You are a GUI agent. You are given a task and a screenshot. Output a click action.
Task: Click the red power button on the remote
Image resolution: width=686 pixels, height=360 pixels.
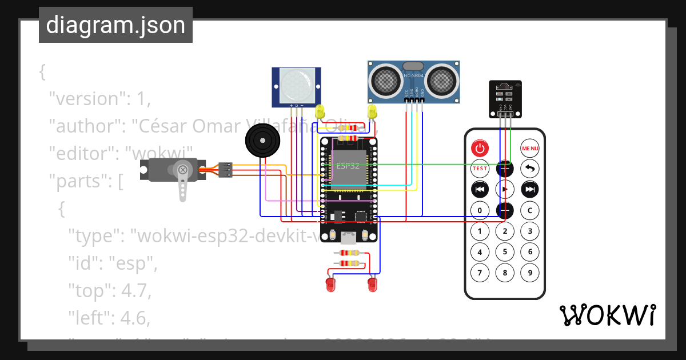click(x=480, y=149)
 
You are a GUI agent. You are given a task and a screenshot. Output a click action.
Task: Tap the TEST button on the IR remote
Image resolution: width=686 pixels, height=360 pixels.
click(x=480, y=169)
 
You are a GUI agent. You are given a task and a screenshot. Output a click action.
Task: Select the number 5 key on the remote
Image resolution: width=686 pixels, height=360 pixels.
click(x=505, y=251)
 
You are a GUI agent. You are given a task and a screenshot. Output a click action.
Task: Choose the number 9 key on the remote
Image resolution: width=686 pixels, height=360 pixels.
click(x=530, y=272)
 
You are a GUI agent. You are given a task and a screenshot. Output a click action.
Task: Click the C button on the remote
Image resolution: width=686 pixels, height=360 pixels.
click(x=530, y=210)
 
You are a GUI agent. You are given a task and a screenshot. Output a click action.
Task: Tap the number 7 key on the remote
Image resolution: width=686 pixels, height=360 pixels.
click(x=480, y=272)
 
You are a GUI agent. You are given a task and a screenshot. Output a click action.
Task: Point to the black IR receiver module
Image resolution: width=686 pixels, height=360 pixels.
click(x=505, y=97)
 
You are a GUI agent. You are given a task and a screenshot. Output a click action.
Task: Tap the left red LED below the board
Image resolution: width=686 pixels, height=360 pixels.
click(x=330, y=284)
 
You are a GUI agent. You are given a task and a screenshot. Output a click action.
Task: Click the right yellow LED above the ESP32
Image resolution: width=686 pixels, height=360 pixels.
click(x=372, y=111)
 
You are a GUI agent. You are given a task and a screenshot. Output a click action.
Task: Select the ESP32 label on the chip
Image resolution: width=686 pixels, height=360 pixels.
click(x=348, y=166)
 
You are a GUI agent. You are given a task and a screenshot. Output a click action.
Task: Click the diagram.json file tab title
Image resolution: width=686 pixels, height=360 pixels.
click(x=115, y=25)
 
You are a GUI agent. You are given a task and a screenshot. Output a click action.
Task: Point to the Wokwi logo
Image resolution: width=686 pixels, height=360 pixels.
click(x=607, y=315)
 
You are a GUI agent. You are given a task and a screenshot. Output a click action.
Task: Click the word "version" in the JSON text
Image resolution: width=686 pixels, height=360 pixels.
click(x=87, y=98)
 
